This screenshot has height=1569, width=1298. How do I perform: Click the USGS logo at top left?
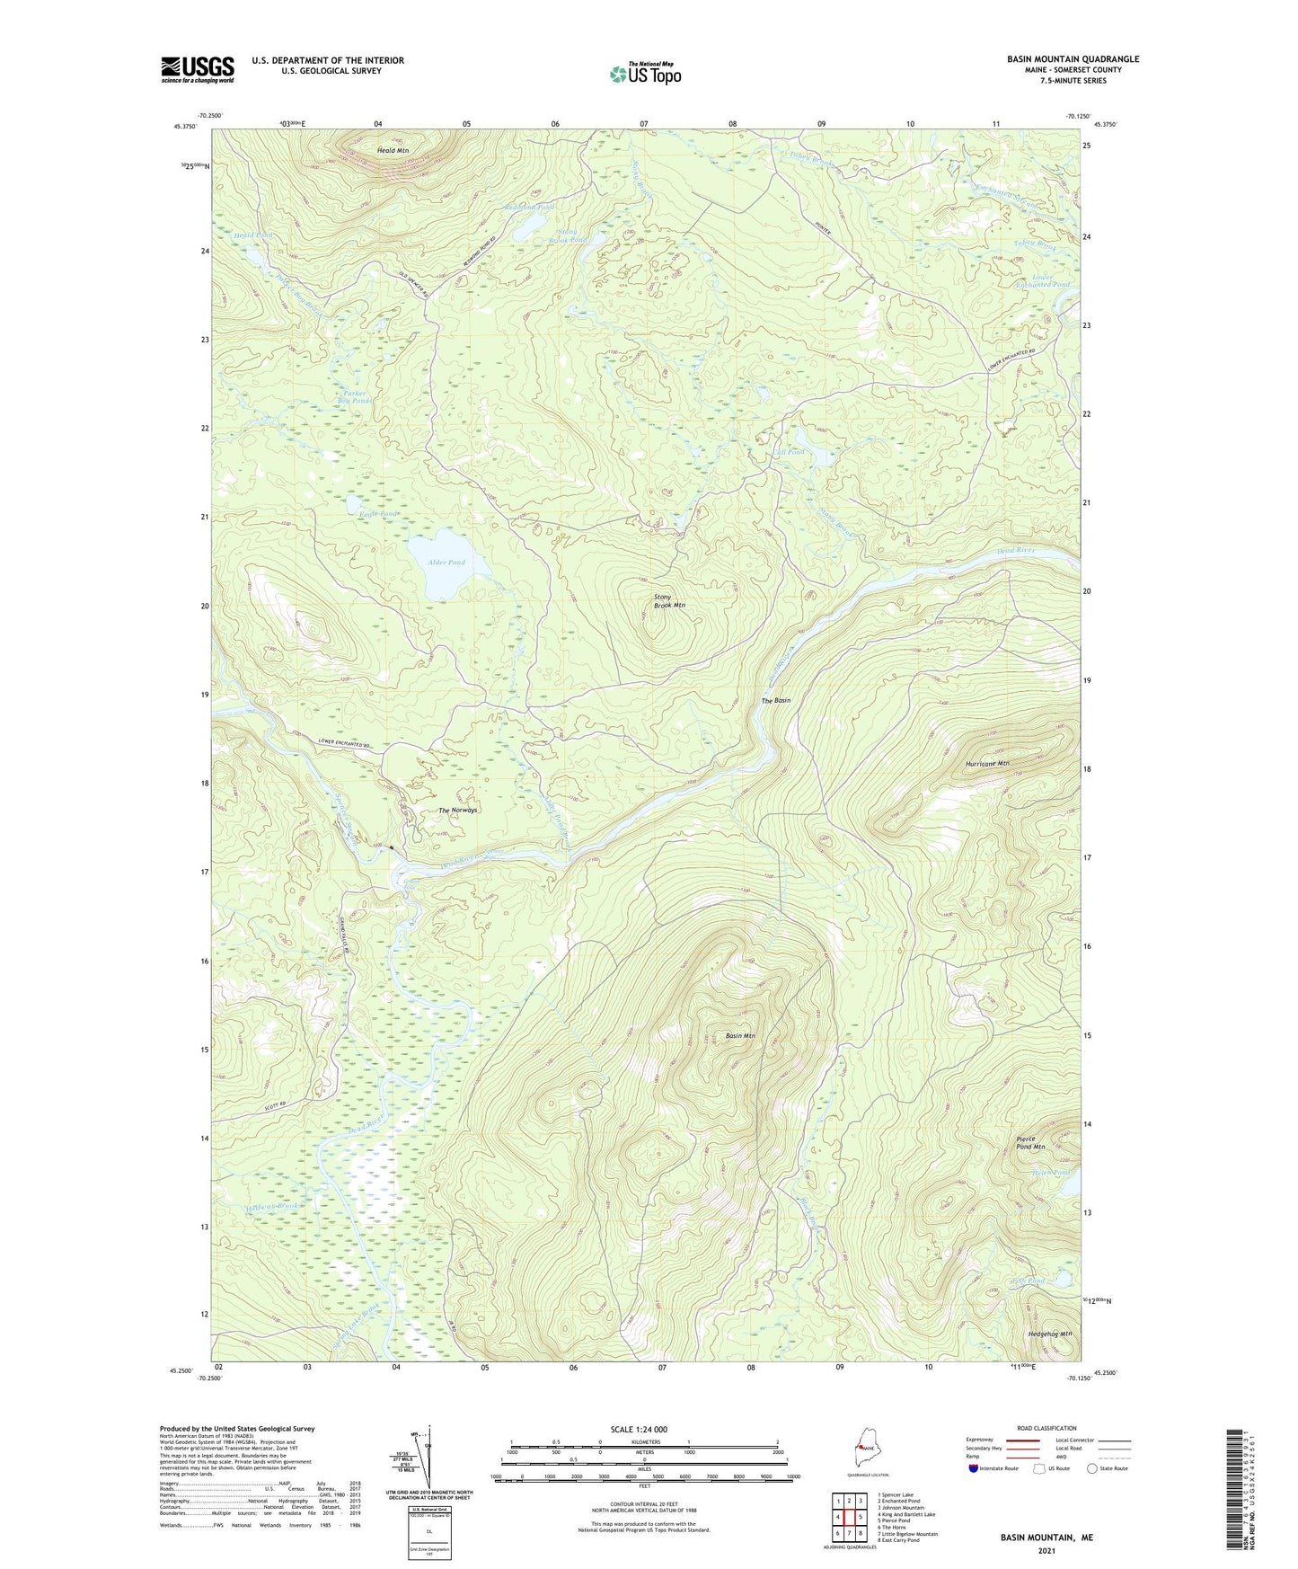point(197,69)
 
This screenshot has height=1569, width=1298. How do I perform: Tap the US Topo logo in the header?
point(644,74)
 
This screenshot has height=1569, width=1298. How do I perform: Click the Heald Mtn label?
point(393,151)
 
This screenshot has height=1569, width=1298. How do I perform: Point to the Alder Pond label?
point(446,563)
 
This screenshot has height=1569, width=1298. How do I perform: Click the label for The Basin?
point(776,700)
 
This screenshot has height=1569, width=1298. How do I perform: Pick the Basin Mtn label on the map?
point(740,1036)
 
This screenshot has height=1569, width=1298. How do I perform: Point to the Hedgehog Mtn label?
point(1049,1334)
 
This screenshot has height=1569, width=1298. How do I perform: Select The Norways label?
point(457,811)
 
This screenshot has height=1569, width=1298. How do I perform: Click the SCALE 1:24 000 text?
point(638,1430)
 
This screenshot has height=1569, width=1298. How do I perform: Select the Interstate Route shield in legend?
point(974,1468)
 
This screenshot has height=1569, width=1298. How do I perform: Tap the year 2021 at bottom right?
point(1046,1550)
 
